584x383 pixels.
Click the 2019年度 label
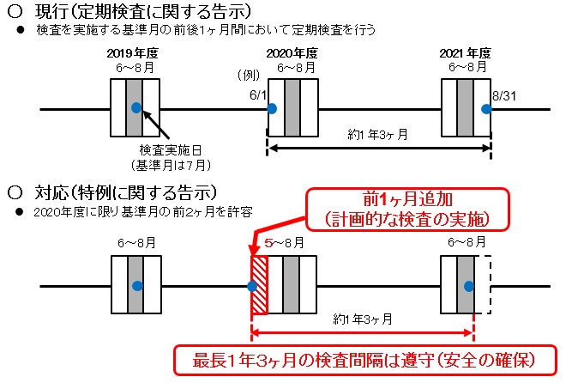135,52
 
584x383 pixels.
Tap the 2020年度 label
292,52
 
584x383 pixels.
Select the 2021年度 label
466,52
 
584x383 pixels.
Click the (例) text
247,76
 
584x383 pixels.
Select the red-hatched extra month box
259,285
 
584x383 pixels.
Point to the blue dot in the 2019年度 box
135,107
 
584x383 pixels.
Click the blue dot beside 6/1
271,108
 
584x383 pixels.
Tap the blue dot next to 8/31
485,108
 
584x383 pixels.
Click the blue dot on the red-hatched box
252,285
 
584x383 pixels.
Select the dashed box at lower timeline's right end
483,285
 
